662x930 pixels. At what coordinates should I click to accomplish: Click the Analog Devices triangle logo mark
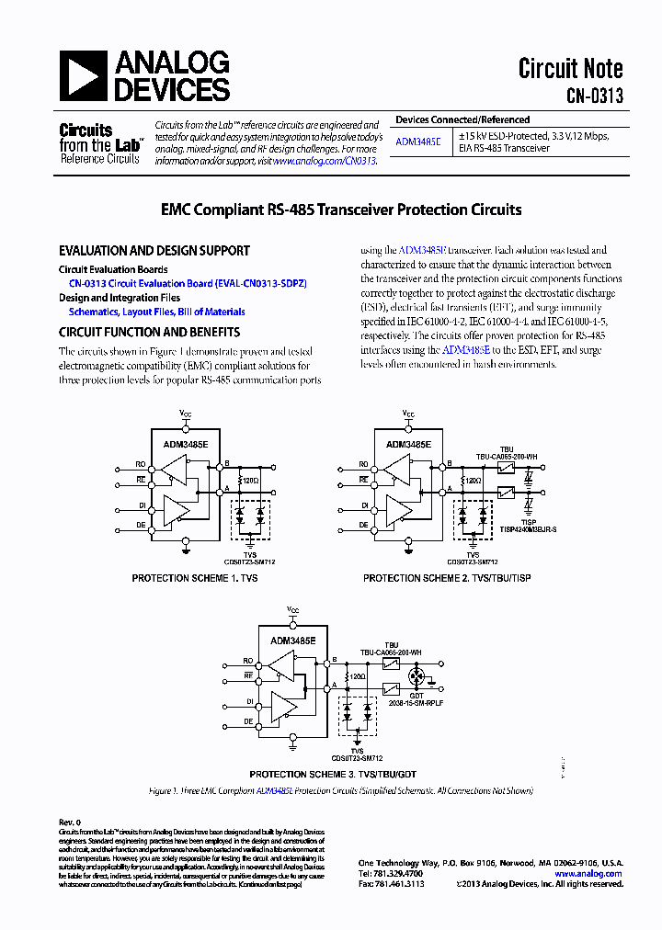click(83, 75)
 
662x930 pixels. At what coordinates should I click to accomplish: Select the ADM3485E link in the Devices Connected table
click(417, 142)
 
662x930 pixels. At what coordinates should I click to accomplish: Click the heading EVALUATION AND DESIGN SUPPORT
click(154, 250)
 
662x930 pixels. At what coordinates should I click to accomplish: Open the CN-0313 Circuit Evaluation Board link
click(188, 284)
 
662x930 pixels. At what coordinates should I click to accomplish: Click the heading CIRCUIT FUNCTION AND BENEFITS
click(150, 332)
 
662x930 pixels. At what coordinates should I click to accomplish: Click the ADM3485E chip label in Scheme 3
click(293, 639)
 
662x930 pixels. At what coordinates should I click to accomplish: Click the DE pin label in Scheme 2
click(364, 524)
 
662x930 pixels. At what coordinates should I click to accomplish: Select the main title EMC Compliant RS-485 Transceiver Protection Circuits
click(330, 210)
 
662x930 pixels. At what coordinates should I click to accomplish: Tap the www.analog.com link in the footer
click(588, 873)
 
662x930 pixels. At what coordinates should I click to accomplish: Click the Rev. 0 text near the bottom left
click(70, 822)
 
